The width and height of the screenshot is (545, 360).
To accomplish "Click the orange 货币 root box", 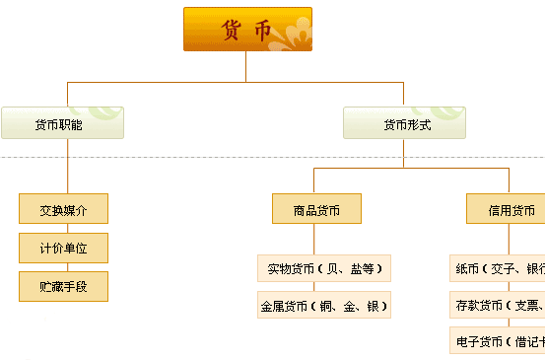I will tap(247, 29).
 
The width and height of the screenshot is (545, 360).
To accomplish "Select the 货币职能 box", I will tap(62, 123).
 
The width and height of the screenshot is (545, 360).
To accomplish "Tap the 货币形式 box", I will tap(404, 123).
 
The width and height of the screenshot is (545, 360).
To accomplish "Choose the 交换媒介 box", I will tap(63, 209).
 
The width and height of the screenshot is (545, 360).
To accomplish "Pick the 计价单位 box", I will tap(63, 248).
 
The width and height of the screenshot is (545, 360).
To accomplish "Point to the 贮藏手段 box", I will tap(63, 286).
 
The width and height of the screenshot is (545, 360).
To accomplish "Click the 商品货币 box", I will tap(316, 209).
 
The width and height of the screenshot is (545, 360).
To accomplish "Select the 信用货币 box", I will tap(508, 209).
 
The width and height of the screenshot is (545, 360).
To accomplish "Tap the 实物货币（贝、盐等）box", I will tap(324, 268).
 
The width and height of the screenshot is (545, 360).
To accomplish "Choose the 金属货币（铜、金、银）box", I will tap(324, 306).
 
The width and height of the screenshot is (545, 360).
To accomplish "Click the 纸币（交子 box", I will tap(498, 268).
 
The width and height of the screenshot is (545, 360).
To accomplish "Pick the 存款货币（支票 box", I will tap(498, 305).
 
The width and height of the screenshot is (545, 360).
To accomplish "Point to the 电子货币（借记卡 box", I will tap(498, 341).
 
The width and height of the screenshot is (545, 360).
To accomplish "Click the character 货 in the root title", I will tap(232, 30).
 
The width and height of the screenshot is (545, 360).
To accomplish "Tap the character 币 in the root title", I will tap(262, 30).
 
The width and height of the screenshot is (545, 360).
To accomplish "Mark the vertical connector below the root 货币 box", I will tap(246, 65).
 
